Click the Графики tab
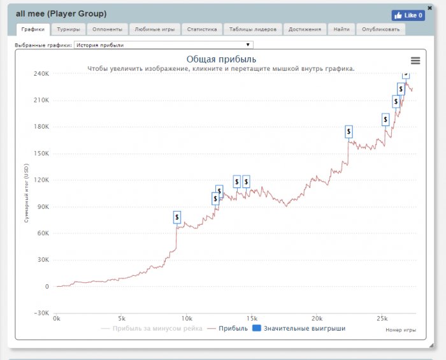(32, 29)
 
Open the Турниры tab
(68, 29)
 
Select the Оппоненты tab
(106, 29)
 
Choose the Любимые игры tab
(154, 29)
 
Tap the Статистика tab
(202, 29)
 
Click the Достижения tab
(305, 29)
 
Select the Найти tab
(341, 29)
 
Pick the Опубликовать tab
(381, 29)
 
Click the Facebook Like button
(408, 15)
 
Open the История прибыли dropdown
(164, 45)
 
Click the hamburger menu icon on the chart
(415, 61)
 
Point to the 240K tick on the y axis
(41, 73)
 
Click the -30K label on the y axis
(41, 313)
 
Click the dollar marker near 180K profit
(349, 132)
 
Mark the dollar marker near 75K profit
(177, 217)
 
